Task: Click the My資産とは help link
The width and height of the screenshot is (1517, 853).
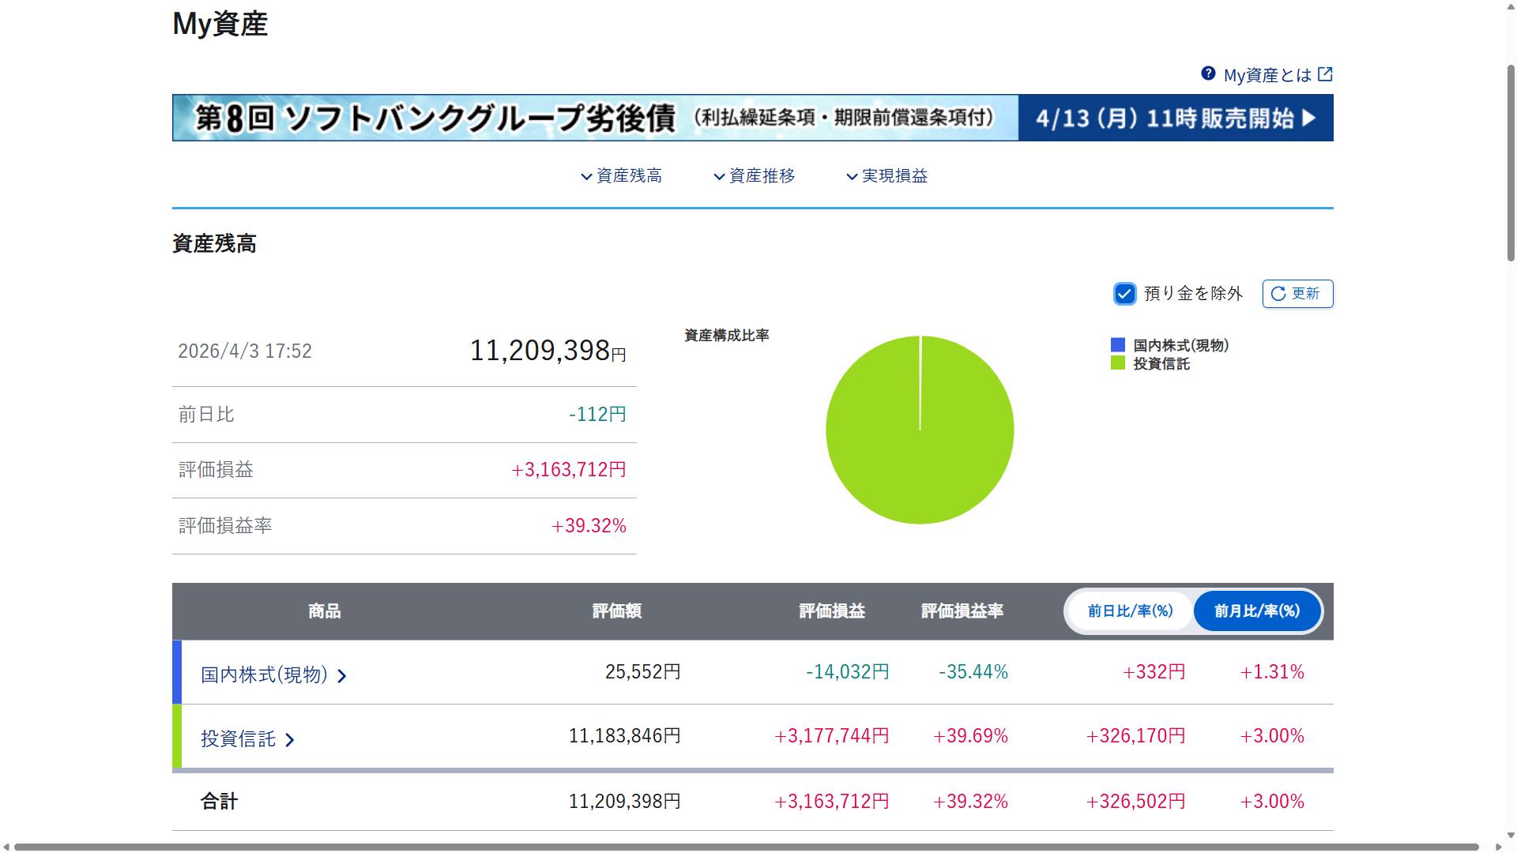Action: click(x=1267, y=75)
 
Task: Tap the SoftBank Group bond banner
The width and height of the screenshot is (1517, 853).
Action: click(x=752, y=118)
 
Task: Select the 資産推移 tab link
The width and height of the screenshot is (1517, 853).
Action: click(x=755, y=176)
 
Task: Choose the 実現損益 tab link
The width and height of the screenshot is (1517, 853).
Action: click(x=887, y=176)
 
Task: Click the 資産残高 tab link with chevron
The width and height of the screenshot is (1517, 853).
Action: click(x=622, y=176)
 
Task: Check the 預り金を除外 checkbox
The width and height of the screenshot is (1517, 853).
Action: click(x=1124, y=294)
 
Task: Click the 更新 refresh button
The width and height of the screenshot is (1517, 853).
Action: click(x=1297, y=294)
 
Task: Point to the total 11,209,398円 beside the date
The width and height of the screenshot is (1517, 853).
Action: click(x=548, y=351)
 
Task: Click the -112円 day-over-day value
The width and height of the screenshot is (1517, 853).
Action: click(x=597, y=415)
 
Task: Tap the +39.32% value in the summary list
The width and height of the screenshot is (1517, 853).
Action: click(x=589, y=526)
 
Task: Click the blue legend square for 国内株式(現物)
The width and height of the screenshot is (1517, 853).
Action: click(x=1118, y=345)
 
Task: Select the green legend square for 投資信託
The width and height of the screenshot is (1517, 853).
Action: click(x=1118, y=363)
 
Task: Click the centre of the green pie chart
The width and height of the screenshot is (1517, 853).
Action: click(x=920, y=430)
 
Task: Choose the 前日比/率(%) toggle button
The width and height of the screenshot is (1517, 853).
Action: click(x=1130, y=611)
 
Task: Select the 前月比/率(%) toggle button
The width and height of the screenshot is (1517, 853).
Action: click(x=1257, y=611)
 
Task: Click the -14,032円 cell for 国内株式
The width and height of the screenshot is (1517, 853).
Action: click(x=847, y=672)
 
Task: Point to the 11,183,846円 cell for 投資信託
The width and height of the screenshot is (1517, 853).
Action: click(x=624, y=736)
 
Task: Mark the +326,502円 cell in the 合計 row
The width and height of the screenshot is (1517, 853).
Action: click(x=1135, y=802)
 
